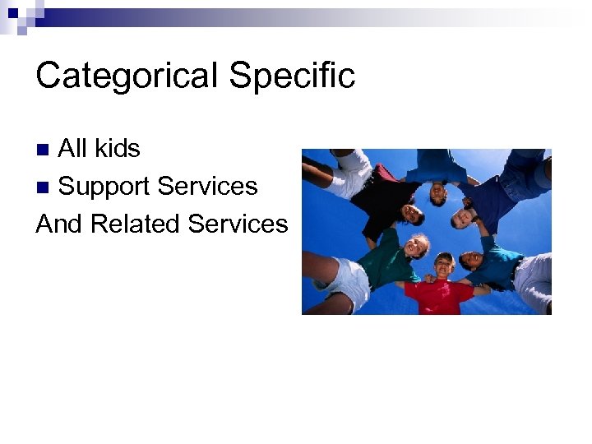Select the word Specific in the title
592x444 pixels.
coord(292,76)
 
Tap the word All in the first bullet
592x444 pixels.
coord(72,149)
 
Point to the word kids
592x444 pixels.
coord(116,149)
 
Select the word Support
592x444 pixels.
coord(104,187)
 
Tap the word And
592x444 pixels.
coord(60,224)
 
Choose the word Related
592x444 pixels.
coord(136,224)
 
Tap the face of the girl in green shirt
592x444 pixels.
coord(417,244)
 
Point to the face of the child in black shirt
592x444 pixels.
coord(409,213)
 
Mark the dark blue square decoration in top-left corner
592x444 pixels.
coord(12,13)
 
